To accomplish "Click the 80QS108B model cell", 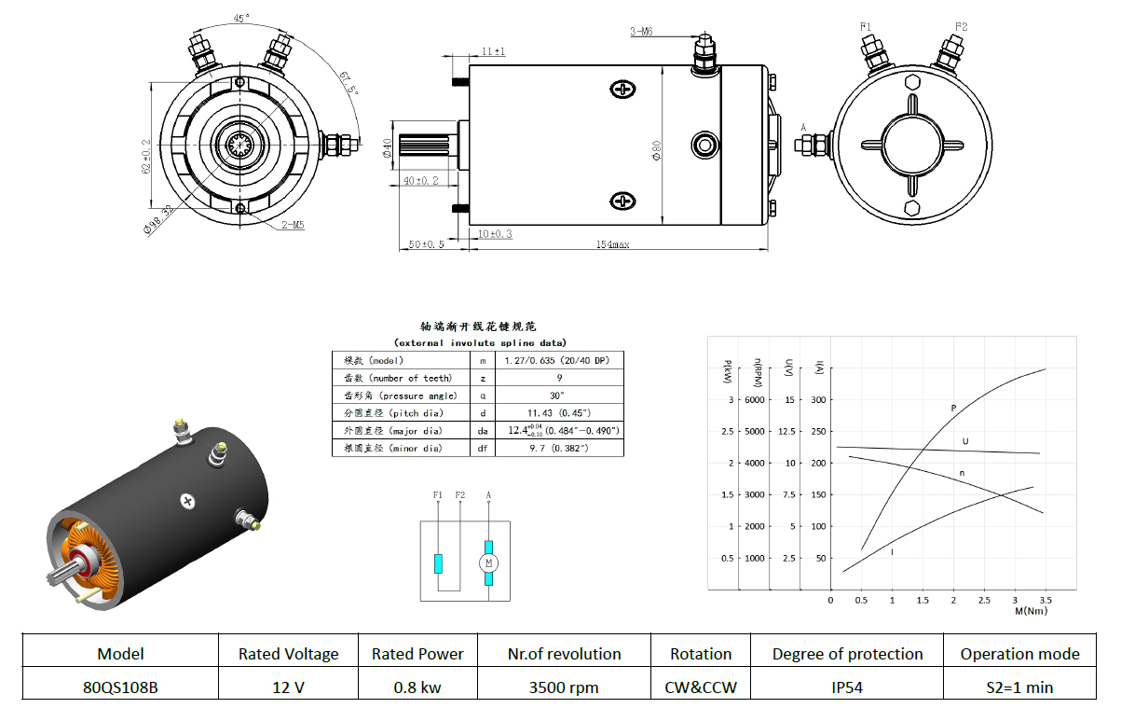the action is [120, 687].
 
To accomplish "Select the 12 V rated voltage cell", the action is [288, 687].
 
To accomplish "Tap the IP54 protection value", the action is [847, 687].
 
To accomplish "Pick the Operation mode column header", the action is [1019, 654].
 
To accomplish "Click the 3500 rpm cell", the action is [564, 687].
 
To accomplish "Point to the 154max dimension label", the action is [612, 244].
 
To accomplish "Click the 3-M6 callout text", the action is [642, 32].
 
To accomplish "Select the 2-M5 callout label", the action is [293, 225].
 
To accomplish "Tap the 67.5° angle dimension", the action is [349, 83].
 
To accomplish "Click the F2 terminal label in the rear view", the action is [962, 26].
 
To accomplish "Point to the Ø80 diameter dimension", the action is [656, 150].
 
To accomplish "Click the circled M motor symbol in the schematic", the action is [488, 563].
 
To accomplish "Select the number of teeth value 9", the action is [559, 378].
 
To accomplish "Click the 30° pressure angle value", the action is [557, 396].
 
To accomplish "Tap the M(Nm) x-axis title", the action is [1031, 611].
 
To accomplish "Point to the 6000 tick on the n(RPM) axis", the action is [754, 400].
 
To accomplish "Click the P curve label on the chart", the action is [953, 408].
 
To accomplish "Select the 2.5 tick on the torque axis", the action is [984, 600].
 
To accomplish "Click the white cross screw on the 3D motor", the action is [187, 501].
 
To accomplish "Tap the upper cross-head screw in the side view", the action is [622, 90].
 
